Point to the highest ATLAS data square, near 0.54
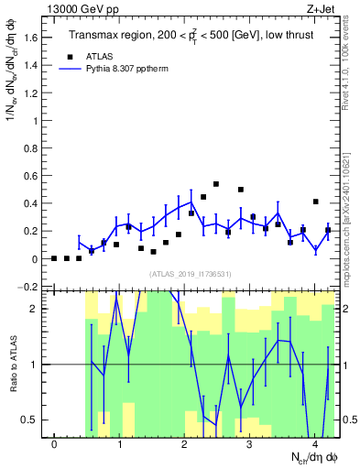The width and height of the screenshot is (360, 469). pos(216,184)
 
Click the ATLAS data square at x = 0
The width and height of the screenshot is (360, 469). pos(54,258)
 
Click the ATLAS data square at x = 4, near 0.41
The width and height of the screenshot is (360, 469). pos(315,202)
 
